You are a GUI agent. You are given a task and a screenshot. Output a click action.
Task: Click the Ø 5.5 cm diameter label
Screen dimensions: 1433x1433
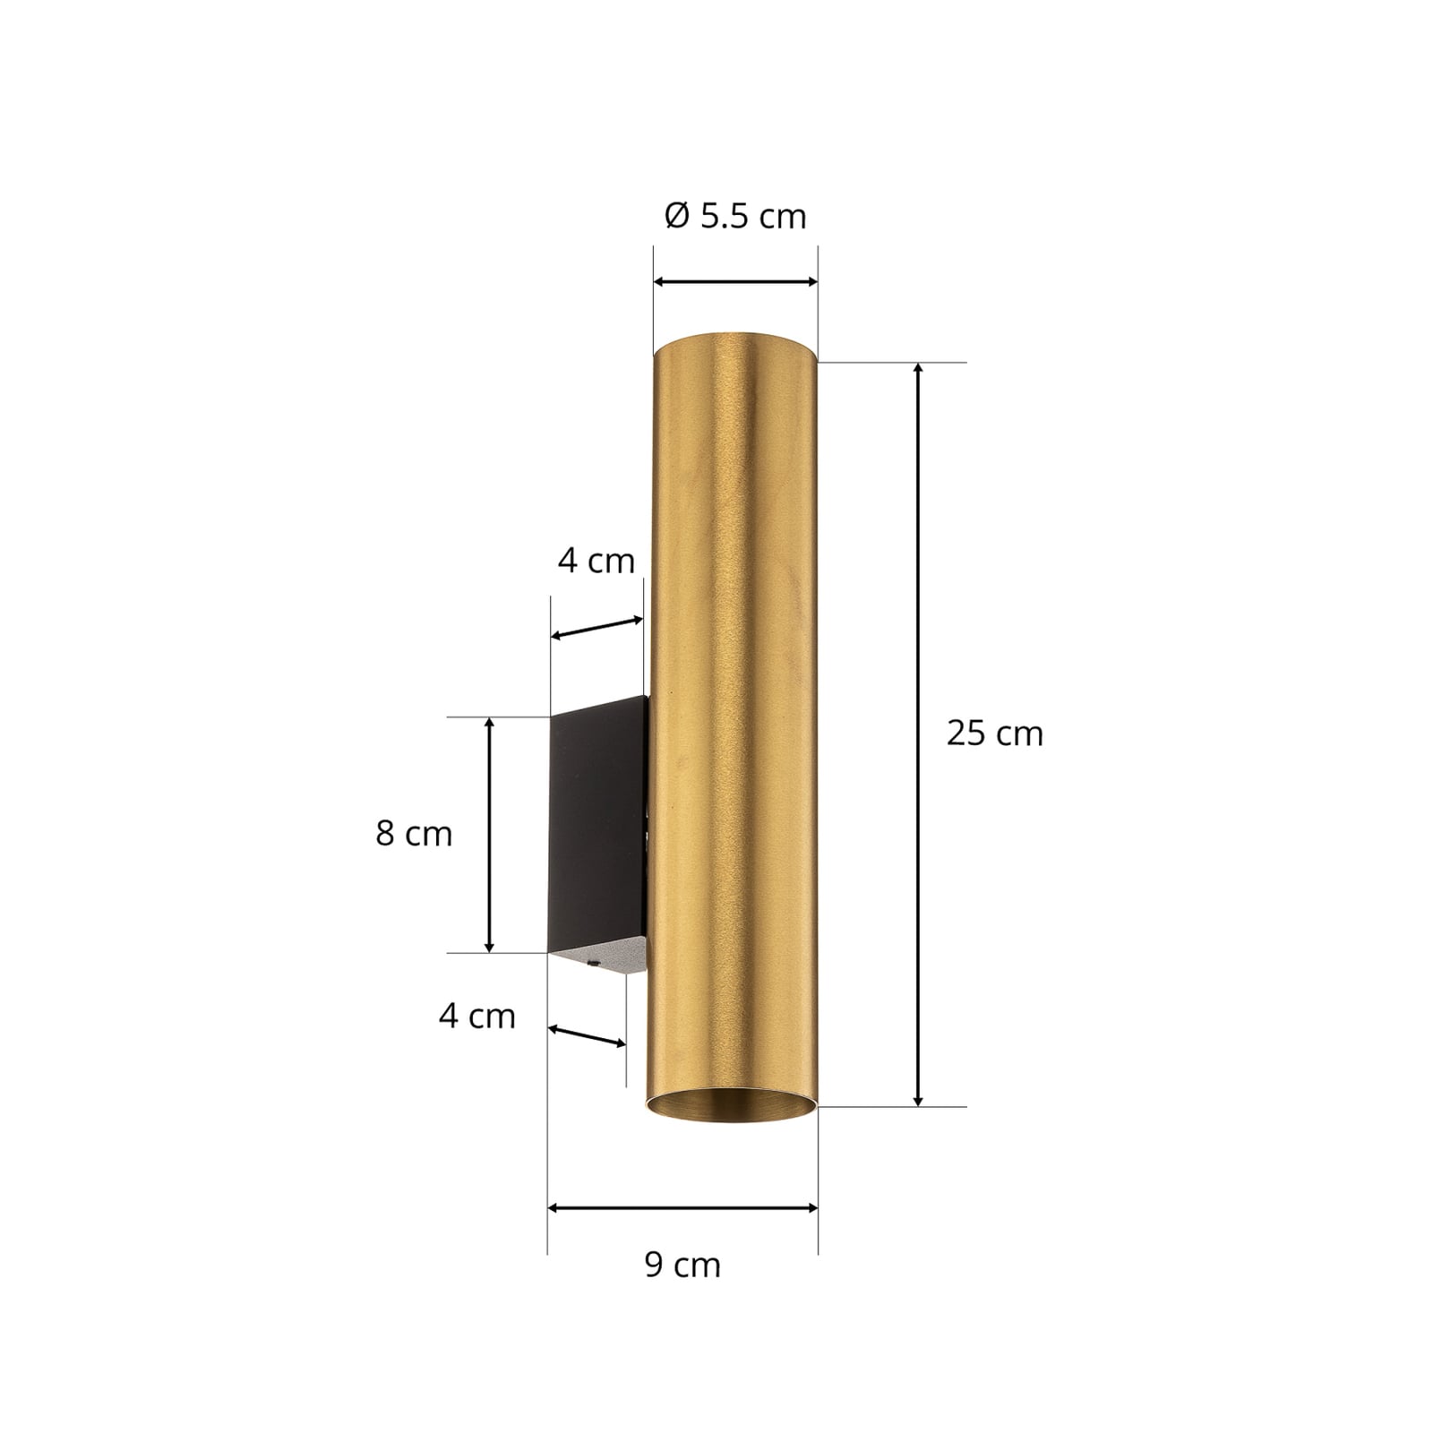coord(735,217)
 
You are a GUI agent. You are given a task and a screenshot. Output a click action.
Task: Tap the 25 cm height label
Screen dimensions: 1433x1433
coord(995,734)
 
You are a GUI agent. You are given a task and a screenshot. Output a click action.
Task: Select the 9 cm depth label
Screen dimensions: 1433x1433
coord(682,1265)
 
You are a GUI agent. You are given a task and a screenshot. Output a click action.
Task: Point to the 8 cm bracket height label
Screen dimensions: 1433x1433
coord(414,834)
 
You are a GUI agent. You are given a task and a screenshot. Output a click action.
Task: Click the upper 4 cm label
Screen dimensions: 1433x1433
coord(596,561)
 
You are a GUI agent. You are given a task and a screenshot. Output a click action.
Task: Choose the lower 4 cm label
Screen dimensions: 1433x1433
coord(477,1016)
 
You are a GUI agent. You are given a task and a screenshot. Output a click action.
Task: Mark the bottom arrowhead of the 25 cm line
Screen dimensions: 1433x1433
coord(918,1099)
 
